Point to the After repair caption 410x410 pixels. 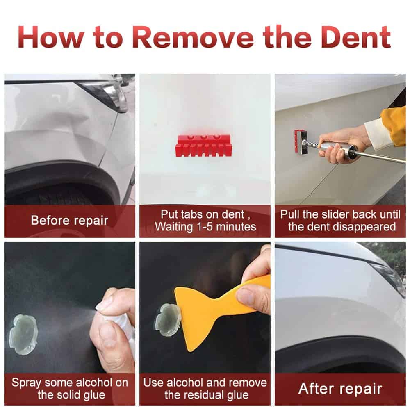[340, 388]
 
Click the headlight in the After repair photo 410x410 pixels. [388, 276]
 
